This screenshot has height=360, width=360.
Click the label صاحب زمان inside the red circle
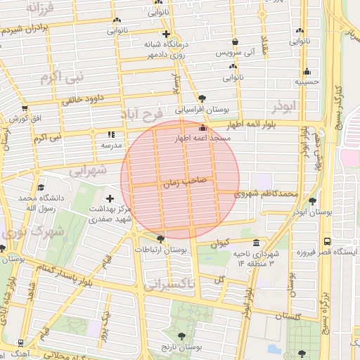click(x=185, y=181)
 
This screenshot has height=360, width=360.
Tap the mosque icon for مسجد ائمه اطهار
click(x=203, y=128)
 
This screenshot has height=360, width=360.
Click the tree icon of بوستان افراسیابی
click(x=202, y=98)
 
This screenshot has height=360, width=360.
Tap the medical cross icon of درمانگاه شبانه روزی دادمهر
click(x=165, y=34)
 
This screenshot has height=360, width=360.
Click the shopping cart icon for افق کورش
click(x=25, y=108)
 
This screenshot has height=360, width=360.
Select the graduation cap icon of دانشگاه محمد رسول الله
click(x=40, y=188)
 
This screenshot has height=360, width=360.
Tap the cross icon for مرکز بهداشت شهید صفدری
click(x=110, y=200)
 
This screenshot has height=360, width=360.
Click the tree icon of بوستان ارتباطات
click(x=160, y=239)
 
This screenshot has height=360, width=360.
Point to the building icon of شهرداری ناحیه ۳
click(x=255, y=242)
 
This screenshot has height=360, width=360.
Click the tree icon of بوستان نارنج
click(x=185, y=336)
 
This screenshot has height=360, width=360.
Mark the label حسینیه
click(x=307, y=82)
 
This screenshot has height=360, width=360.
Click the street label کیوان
click(x=220, y=243)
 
